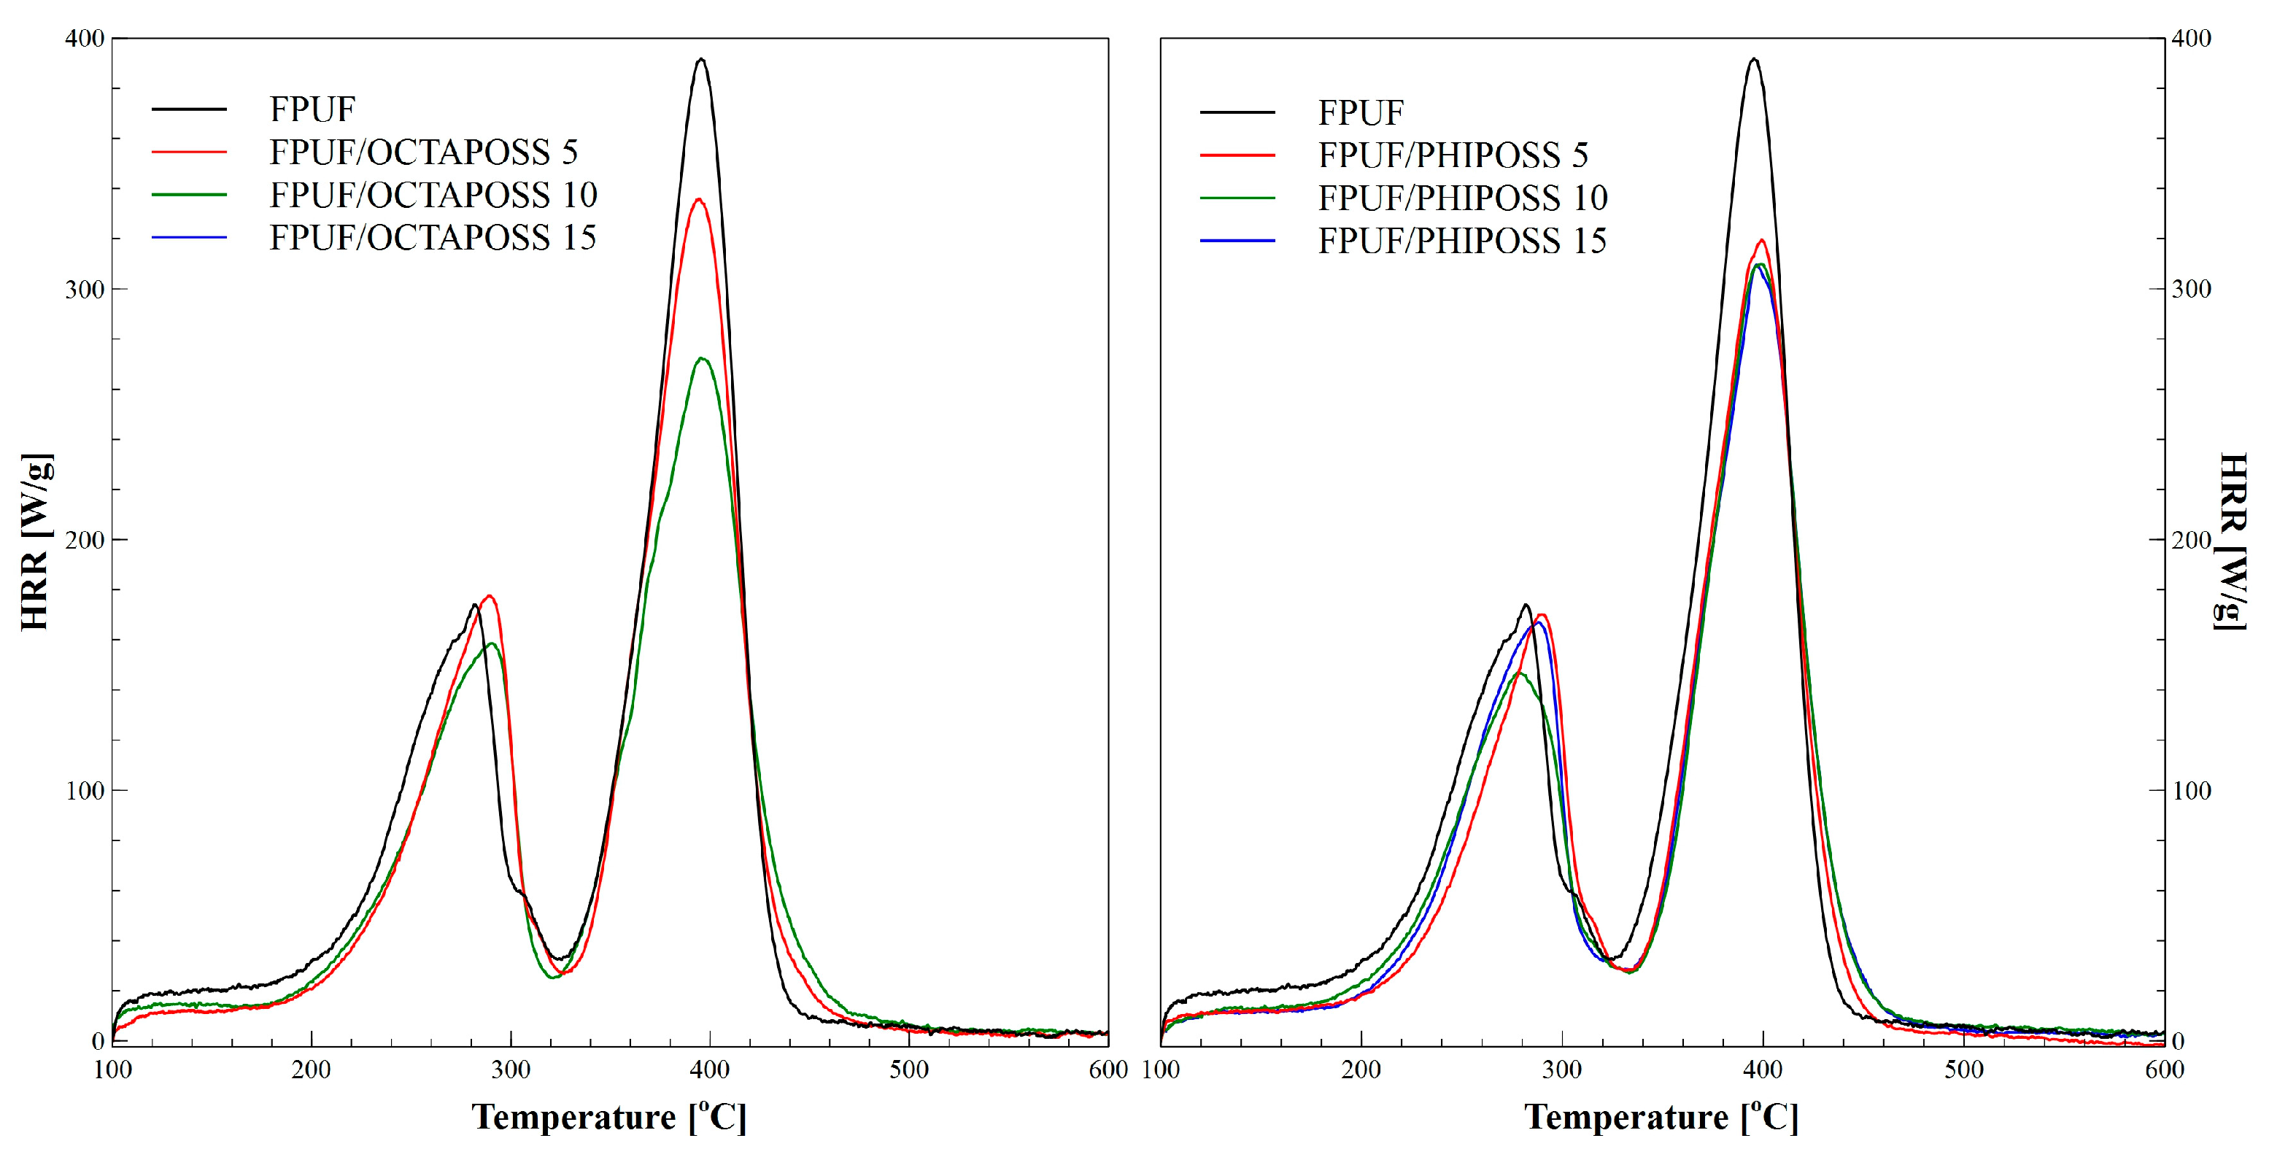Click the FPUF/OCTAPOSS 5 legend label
coord(424,152)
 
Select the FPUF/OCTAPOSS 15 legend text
coord(433,238)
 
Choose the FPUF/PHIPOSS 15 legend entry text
coord(1462,241)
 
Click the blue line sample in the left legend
coord(189,237)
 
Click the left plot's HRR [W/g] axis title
coord(36,542)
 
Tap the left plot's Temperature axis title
coord(608,1116)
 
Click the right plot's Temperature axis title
coord(1661,1116)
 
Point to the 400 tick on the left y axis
coord(85,38)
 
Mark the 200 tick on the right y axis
coord(2190,540)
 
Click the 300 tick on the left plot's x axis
coord(511,1069)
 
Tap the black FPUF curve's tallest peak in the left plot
coord(702,60)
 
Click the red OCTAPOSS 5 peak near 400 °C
coord(699,199)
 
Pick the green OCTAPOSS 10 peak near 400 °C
coord(703,358)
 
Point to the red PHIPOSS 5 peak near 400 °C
coord(1761,240)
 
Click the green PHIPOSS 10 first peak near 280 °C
coord(1520,673)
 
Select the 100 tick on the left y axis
coord(85,791)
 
